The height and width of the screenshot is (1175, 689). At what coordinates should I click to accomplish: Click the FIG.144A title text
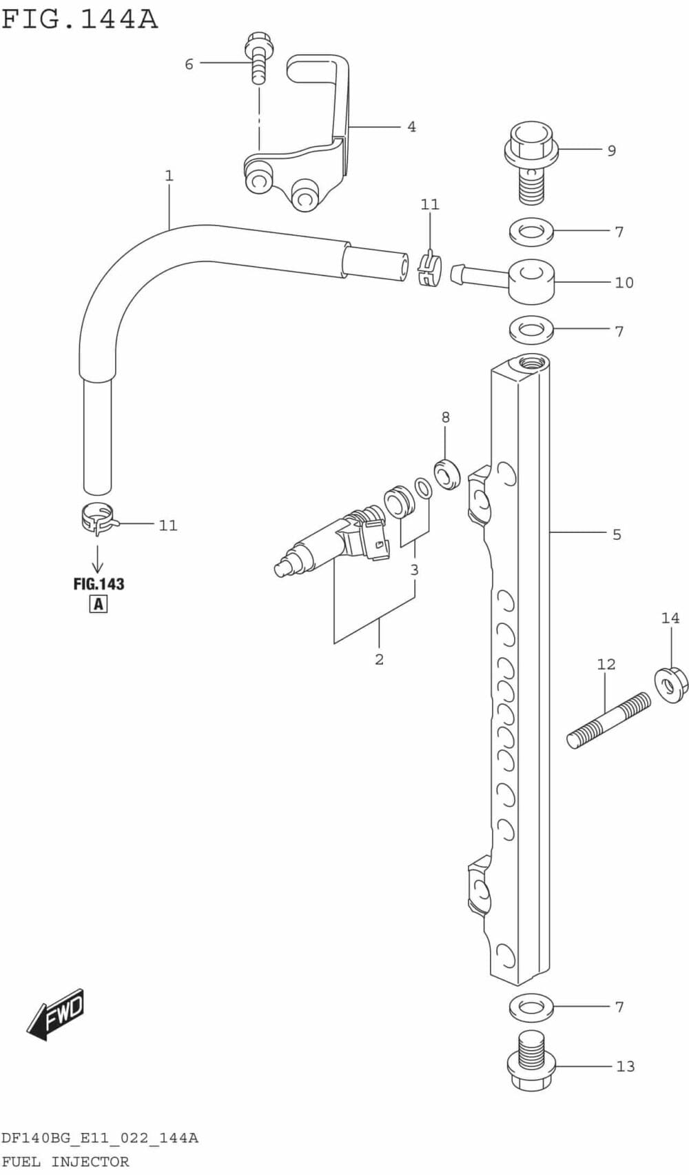79,19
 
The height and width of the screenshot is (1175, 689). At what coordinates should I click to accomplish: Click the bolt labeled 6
258,58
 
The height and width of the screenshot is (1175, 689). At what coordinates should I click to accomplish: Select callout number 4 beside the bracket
411,127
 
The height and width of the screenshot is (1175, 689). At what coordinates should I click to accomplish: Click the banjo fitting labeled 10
531,281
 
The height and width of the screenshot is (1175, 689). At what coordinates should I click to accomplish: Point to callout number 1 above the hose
169,176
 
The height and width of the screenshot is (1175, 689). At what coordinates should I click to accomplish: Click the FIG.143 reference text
99,584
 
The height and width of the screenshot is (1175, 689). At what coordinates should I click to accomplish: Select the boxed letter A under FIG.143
99,604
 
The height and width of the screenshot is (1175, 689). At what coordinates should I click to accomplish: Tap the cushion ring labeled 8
448,474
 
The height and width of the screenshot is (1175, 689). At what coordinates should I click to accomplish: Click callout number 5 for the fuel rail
617,534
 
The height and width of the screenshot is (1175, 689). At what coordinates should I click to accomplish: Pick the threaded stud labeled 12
608,721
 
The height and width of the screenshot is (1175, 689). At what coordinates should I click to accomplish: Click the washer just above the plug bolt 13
531,1007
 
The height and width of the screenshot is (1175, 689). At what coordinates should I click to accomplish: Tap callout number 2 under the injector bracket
379,659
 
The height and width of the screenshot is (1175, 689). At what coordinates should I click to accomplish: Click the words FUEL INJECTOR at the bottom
65,1162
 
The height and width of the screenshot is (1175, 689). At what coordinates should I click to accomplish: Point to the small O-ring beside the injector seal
424,488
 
